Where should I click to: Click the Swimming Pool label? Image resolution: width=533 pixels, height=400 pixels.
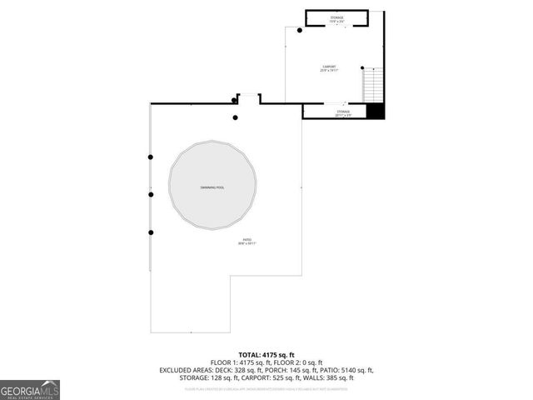click(x=212, y=187)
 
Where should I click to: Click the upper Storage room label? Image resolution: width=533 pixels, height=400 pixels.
click(x=336, y=17)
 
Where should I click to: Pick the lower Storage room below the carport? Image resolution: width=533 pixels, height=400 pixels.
click(x=342, y=112)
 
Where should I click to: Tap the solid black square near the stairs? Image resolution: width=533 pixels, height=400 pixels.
click(x=376, y=111)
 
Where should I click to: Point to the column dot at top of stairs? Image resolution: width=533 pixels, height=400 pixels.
click(x=361, y=68)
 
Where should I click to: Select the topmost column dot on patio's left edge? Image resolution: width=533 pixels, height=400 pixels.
click(x=151, y=157)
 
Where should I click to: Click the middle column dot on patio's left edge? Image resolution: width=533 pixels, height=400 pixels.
click(x=151, y=195)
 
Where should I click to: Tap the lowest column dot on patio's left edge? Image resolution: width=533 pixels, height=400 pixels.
click(x=151, y=232)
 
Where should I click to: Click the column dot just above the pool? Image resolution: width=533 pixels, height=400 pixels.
click(x=236, y=117)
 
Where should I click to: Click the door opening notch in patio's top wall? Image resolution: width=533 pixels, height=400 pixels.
click(x=248, y=98)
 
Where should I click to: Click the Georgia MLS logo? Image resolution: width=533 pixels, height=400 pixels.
click(x=30, y=389)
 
